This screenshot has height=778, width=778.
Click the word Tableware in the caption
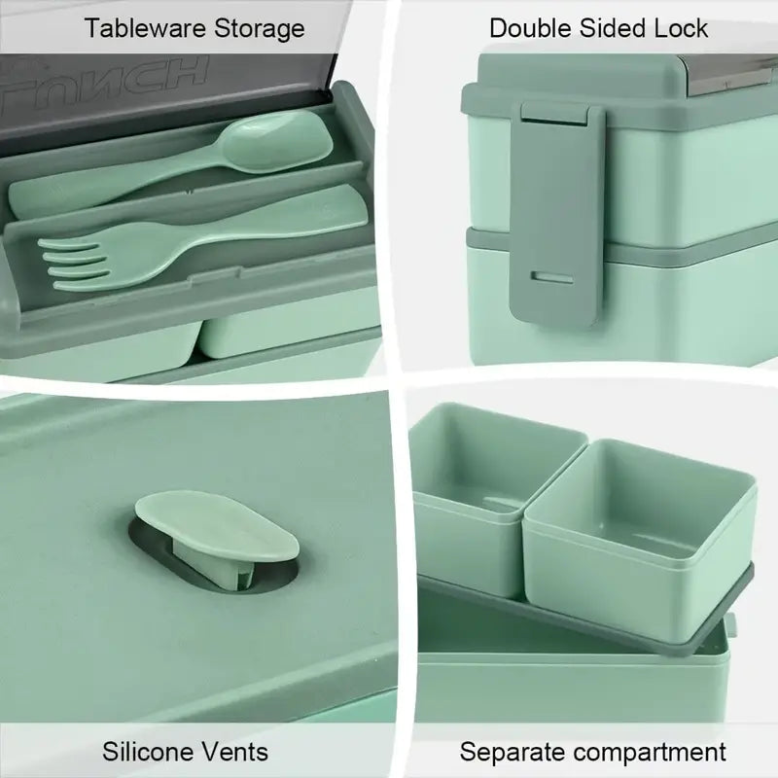(146, 28)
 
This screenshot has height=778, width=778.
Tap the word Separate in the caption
(513, 752)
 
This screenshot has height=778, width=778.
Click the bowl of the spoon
(277, 141)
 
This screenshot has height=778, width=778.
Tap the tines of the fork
(75, 265)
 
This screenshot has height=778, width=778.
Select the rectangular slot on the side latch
(551, 277)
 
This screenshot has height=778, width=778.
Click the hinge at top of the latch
(555, 112)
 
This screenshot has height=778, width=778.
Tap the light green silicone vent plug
(217, 526)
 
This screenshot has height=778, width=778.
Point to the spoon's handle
(114, 185)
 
